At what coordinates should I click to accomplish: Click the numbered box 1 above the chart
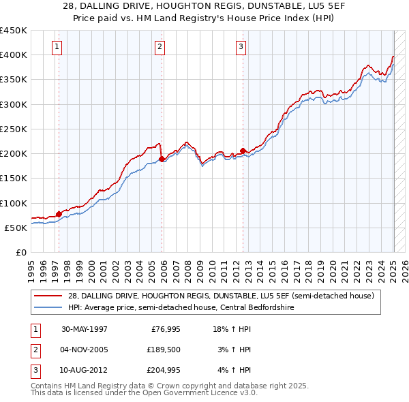57,47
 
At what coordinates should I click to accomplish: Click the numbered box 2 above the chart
160,47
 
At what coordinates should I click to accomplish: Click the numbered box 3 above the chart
241,47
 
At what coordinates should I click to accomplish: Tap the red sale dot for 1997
59,214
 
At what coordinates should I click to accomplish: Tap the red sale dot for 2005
162,159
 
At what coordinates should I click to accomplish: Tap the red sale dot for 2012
243,151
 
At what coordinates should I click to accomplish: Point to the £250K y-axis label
14,129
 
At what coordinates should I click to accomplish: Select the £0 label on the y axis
20,252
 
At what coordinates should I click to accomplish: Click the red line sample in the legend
49,296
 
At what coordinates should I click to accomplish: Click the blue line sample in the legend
49,307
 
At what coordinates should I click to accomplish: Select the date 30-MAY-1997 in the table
84,329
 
